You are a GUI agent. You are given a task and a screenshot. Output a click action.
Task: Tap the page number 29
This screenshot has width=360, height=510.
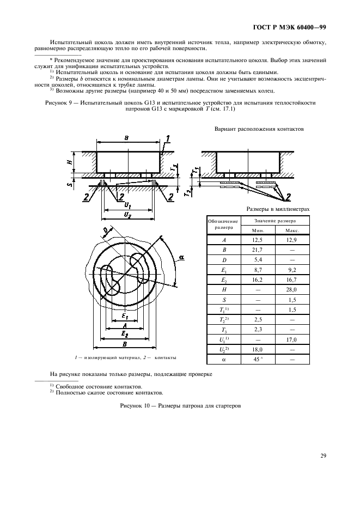pyautogui.click(x=322, y=457)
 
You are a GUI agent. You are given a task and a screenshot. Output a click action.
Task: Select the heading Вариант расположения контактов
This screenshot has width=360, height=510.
pyautogui.click(x=260, y=129)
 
